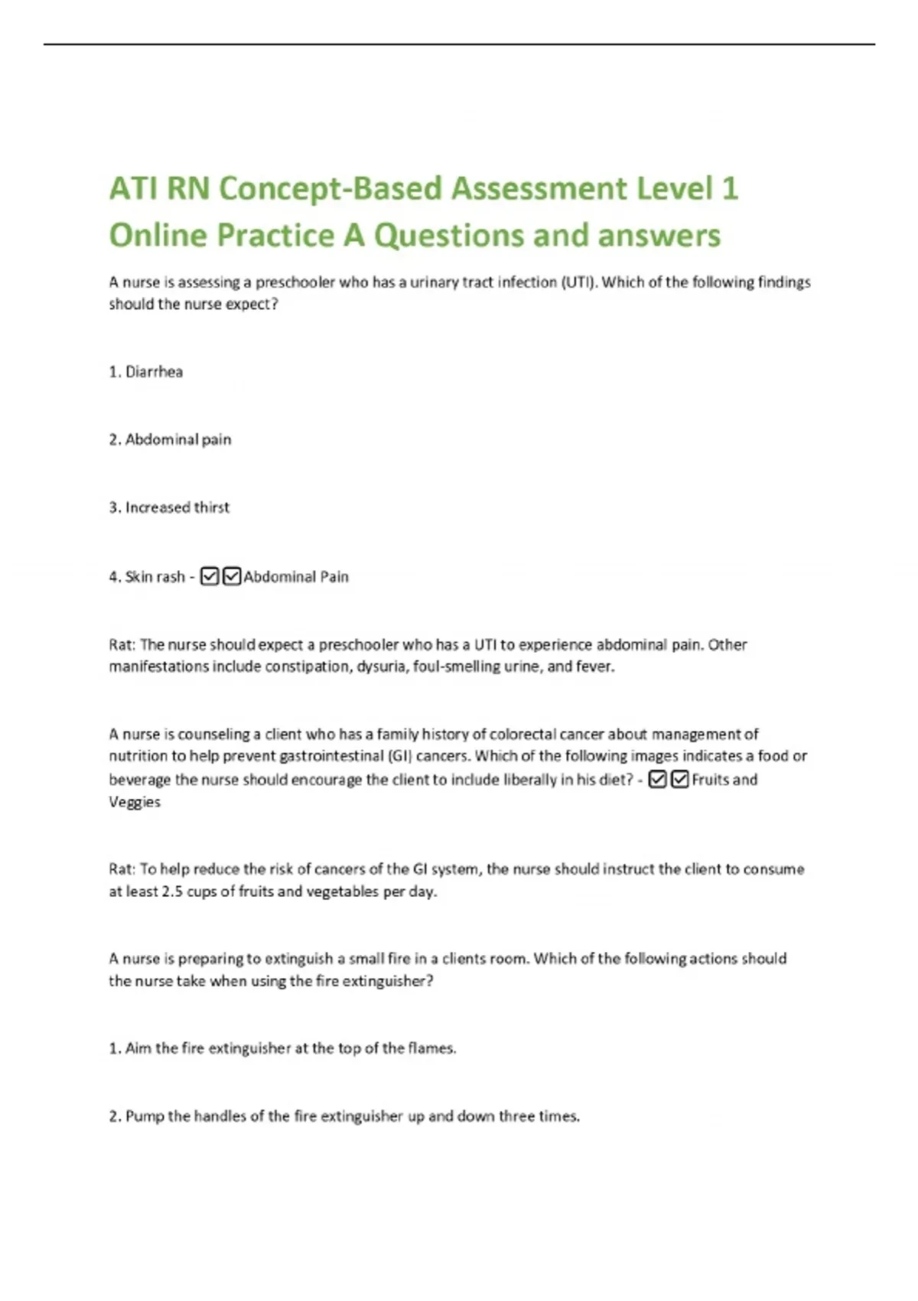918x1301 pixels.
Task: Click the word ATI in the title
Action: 134,188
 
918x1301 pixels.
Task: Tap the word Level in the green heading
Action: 673,188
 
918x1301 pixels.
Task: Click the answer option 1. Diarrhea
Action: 145,372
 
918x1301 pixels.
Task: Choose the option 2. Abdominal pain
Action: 170,439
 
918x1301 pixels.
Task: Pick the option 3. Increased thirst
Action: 169,507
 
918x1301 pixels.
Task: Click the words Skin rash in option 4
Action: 155,577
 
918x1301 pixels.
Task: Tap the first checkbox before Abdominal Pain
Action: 209,576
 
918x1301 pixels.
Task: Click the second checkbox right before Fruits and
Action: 679,780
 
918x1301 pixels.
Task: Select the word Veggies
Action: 135,802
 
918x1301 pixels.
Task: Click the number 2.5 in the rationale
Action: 172,892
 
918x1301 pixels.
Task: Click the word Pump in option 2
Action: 145,1117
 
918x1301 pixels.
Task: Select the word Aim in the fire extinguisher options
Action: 138,1048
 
